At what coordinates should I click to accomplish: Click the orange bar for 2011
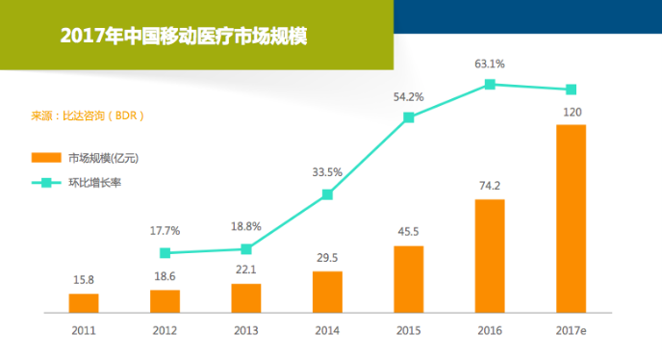click(x=84, y=303)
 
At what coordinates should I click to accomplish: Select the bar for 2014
click(x=327, y=292)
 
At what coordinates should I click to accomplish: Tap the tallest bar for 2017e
click(x=571, y=219)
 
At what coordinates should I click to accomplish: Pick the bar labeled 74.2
click(x=490, y=256)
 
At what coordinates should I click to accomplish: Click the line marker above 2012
click(x=165, y=253)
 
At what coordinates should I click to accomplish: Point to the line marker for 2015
click(x=409, y=117)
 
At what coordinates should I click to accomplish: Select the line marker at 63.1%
click(x=490, y=85)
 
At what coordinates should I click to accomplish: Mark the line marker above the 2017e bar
click(x=571, y=90)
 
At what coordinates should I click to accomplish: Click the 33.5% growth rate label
click(x=327, y=172)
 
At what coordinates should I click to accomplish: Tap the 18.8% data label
click(x=246, y=226)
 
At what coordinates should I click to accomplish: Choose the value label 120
click(x=572, y=112)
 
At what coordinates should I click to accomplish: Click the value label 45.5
click(x=409, y=232)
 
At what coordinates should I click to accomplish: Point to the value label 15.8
click(x=84, y=280)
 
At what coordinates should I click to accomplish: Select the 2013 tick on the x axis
click(x=246, y=329)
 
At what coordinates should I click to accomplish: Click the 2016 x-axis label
click(x=490, y=329)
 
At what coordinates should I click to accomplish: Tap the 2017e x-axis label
click(x=572, y=329)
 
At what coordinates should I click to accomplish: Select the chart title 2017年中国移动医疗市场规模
click(x=183, y=37)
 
